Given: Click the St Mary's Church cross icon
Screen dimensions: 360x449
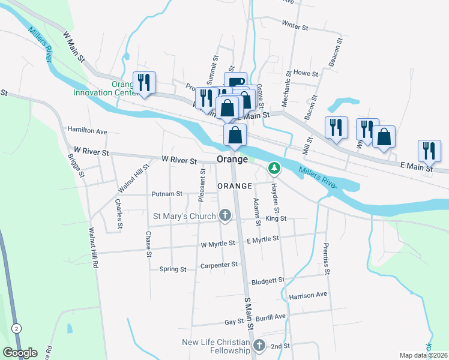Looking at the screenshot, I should pyautogui.click(x=225, y=215).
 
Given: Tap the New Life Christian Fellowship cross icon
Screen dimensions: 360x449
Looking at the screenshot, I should pyautogui.click(x=259, y=346).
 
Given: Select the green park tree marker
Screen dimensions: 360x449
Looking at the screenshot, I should pyautogui.click(x=274, y=167).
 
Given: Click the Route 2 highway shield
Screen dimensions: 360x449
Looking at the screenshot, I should pyautogui.click(x=16, y=328).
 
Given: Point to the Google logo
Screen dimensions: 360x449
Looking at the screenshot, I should pyautogui.click(x=20, y=353).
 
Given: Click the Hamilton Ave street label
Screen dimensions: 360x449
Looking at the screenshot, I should pyautogui.click(x=87, y=130).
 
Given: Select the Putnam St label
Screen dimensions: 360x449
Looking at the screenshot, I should pyautogui.click(x=167, y=194).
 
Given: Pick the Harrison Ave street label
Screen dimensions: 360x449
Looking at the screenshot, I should pyautogui.click(x=308, y=295).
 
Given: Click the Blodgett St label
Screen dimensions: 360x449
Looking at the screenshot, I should pyautogui.click(x=268, y=280).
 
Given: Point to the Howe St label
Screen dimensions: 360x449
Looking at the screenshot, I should pyautogui.click(x=305, y=73).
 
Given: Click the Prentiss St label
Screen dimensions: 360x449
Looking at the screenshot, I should pyautogui.click(x=327, y=259).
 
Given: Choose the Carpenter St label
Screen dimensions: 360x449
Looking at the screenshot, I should pyautogui.click(x=219, y=264).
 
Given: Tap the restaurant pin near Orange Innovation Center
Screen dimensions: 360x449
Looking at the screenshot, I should pyautogui.click(x=144, y=82).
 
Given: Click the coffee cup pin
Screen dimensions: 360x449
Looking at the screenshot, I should pyautogui.click(x=236, y=82).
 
